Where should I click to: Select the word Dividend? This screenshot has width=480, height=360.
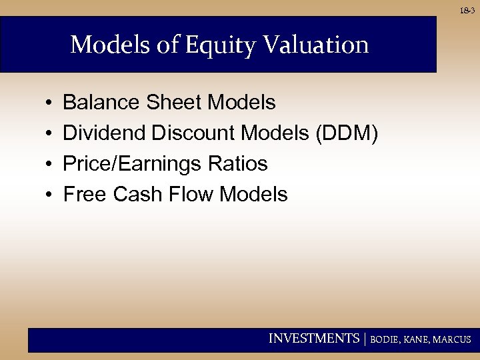click(x=105, y=133)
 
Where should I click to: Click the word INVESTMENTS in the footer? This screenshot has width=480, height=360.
click(x=313, y=339)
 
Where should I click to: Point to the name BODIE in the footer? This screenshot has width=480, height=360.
click(x=385, y=339)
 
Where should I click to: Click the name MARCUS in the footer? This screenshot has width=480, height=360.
click(x=451, y=339)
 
